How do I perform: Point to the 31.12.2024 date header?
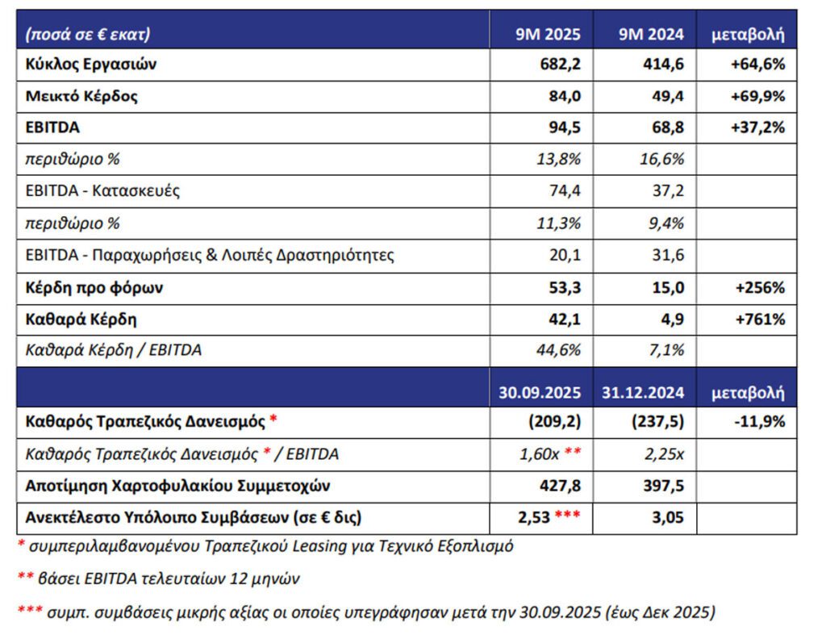tap(643, 393)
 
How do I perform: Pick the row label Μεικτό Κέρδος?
tap(82, 96)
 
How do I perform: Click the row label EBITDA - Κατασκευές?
tap(103, 191)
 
